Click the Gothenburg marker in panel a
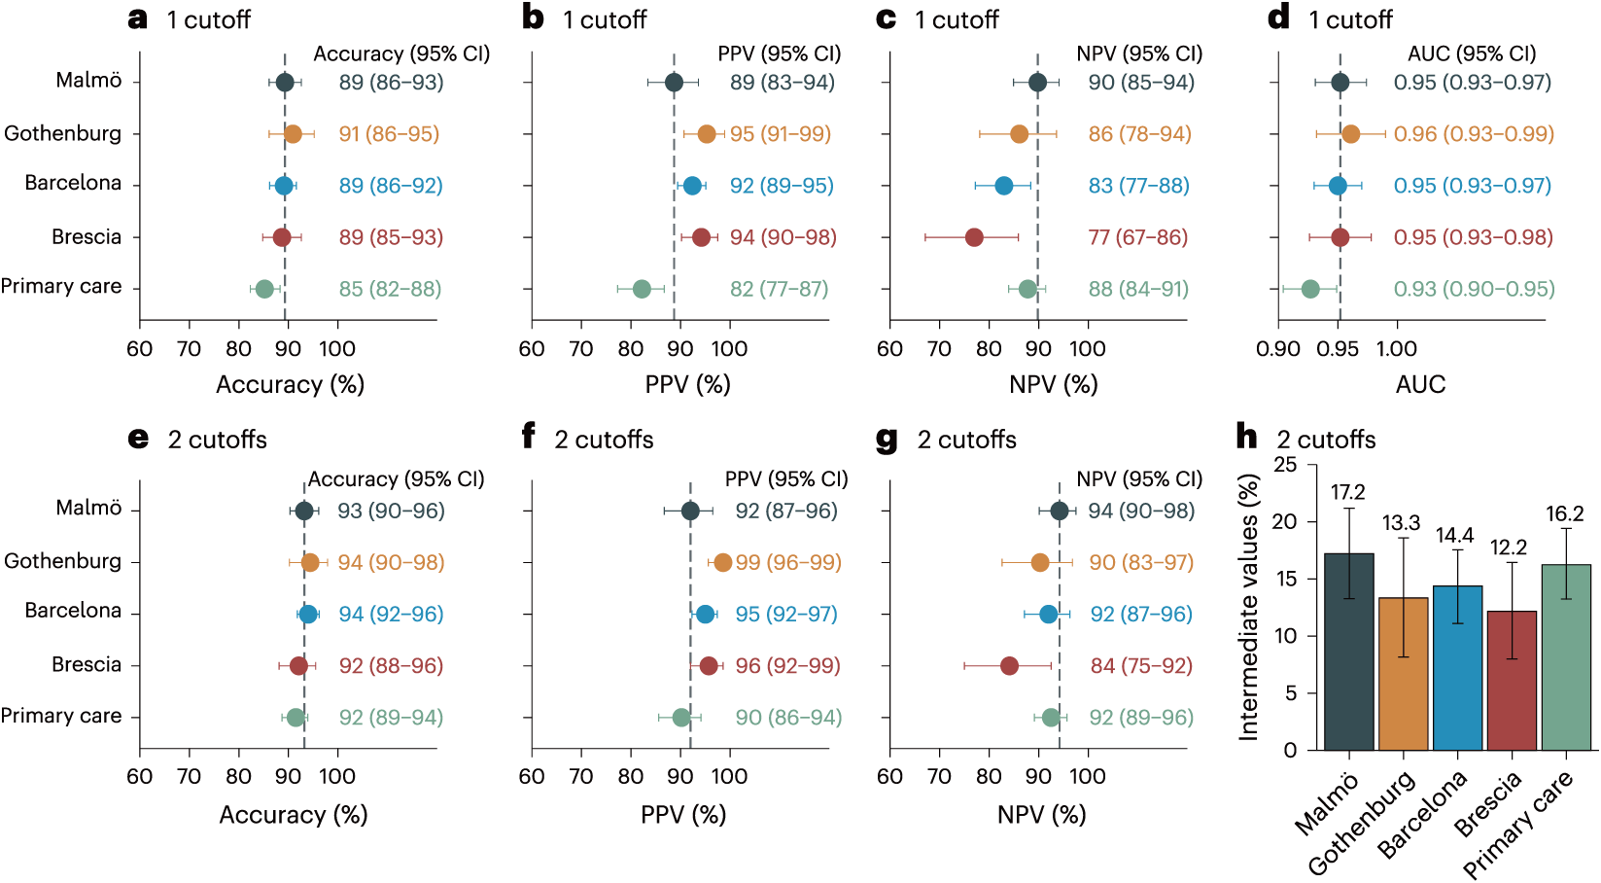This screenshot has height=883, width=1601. pyautogui.click(x=293, y=133)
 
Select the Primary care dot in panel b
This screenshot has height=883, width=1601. pyautogui.click(x=642, y=289)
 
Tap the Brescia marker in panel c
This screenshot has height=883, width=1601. pyautogui.click(x=974, y=237)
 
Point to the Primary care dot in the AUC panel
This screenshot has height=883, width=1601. pyautogui.click(x=1310, y=289)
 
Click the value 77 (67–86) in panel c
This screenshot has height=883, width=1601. pyautogui.click(x=1138, y=237)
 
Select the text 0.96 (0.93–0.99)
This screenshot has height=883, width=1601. pyautogui.click(x=1474, y=133)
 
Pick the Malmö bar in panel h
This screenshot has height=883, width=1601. pyautogui.click(x=1348, y=652)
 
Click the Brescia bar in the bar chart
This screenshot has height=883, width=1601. pyautogui.click(x=1512, y=680)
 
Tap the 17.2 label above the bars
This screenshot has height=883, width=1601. pyautogui.click(x=1348, y=492)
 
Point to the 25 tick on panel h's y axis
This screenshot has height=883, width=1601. pyautogui.click(x=1285, y=465)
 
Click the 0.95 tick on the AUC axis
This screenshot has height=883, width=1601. pyautogui.click(x=1338, y=349)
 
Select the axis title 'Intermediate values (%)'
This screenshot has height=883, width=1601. pyautogui.click(x=1248, y=607)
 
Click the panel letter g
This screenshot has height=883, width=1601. pyautogui.click(x=887, y=439)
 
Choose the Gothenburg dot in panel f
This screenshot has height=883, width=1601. pyautogui.click(x=722, y=563)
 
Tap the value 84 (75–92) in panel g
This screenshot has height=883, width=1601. pyautogui.click(x=1141, y=665)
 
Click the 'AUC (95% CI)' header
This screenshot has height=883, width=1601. pyautogui.click(x=1472, y=53)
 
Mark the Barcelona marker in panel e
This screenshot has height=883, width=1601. pyautogui.click(x=308, y=615)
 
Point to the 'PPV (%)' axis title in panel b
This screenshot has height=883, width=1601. pyautogui.click(x=687, y=385)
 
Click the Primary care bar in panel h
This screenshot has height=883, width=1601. pyautogui.click(x=1566, y=657)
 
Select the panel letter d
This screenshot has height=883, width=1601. pyautogui.click(x=1278, y=18)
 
